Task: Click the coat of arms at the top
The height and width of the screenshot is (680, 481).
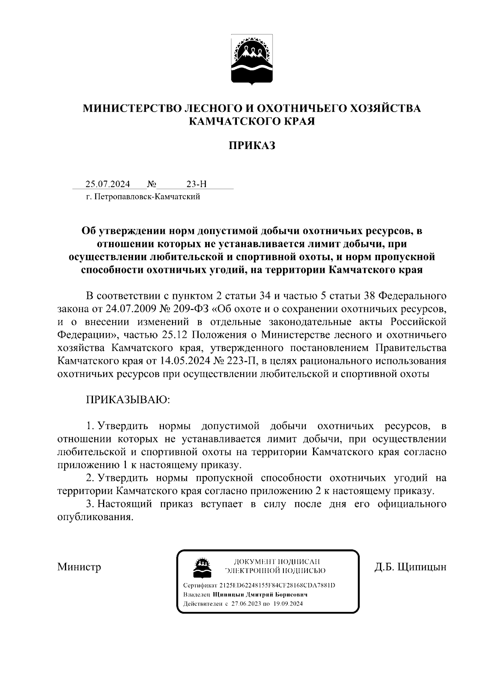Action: point(252,60)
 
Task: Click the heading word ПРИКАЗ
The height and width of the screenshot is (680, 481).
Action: point(252,146)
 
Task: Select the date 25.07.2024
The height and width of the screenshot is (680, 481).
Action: point(107,184)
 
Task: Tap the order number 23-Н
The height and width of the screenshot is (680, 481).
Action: point(197,184)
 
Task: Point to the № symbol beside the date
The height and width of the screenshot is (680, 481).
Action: point(152,184)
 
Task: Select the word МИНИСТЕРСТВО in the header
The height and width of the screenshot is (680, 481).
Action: point(132,108)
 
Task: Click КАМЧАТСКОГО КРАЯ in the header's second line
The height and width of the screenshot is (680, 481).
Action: point(252,121)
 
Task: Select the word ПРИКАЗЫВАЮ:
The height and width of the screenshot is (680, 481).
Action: point(127,400)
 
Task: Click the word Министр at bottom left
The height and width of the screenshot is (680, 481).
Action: point(79,567)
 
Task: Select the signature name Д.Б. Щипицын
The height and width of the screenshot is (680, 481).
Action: point(410,567)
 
